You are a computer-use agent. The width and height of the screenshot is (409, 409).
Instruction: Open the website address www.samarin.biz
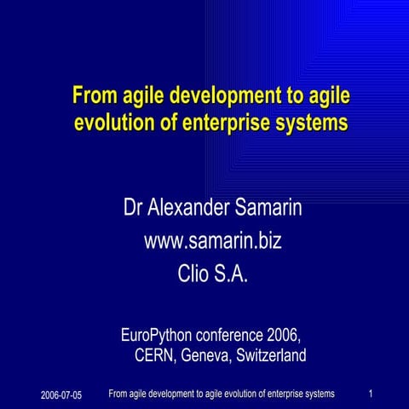tap(212, 241)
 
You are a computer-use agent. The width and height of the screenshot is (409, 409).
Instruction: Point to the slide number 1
tap(372, 394)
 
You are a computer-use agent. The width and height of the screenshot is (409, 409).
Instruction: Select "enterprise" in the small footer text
tap(277, 394)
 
